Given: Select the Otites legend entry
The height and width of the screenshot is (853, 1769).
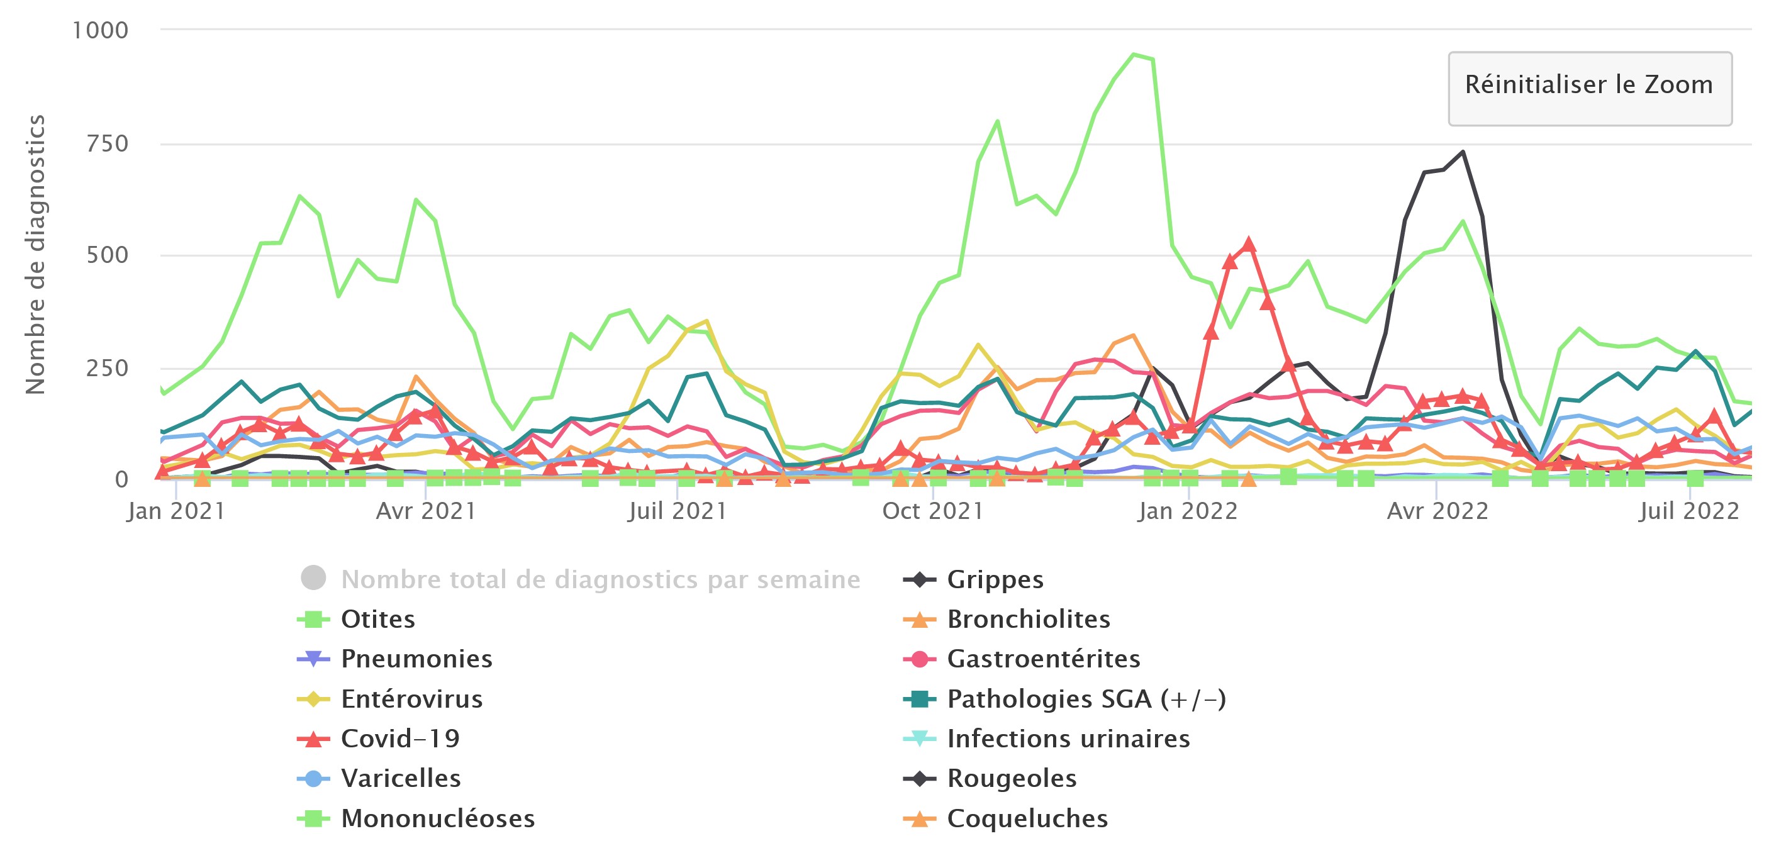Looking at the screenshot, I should click(x=377, y=620).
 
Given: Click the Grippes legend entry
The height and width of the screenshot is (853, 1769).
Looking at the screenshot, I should click(x=995, y=579).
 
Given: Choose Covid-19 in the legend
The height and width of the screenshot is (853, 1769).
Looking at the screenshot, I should click(x=399, y=739).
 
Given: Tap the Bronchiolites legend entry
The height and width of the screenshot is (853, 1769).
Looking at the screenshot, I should click(x=1028, y=620).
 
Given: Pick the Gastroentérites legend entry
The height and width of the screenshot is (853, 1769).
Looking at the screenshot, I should click(x=1043, y=659).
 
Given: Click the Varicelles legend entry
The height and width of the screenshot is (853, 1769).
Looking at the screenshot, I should click(x=400, y=779).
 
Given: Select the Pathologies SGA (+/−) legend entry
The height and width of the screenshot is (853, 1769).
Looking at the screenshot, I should click(x=1086, y=699).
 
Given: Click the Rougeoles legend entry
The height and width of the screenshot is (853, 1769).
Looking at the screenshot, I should click(x=1012, y=779).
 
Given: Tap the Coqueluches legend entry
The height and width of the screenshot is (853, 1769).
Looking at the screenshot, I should click(x=1027, y=818).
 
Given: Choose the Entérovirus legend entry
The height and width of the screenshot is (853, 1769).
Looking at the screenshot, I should click(x=411, y=699).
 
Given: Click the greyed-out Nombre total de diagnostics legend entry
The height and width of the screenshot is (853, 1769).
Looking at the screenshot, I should click(x=600, y=579).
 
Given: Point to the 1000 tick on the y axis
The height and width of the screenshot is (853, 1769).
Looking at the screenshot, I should click(x=100, y=30).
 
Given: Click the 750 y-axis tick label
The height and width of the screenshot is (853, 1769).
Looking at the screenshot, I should click(x=107, y=143).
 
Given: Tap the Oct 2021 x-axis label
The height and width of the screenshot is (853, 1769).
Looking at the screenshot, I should click(x=932, y=511).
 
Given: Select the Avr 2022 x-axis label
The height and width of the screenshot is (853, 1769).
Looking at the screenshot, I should click(x=1437, y=511).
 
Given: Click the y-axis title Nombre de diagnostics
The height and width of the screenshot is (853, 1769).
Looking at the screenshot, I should click(x=35, y=254).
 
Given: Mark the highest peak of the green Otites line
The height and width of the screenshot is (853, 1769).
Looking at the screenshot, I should click(x=1133, y=54).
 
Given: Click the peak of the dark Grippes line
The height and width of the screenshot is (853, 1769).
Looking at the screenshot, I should click(x=1463, y=152).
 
